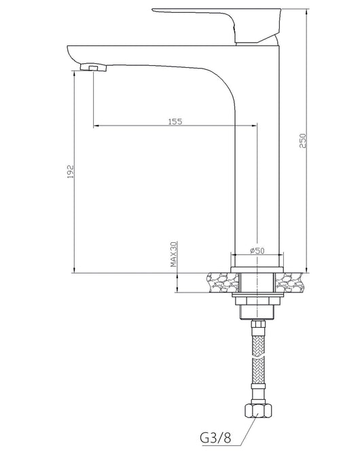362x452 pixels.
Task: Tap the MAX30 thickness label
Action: [x=174, y=255]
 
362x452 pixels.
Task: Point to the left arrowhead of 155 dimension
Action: [x=95, y=126]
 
